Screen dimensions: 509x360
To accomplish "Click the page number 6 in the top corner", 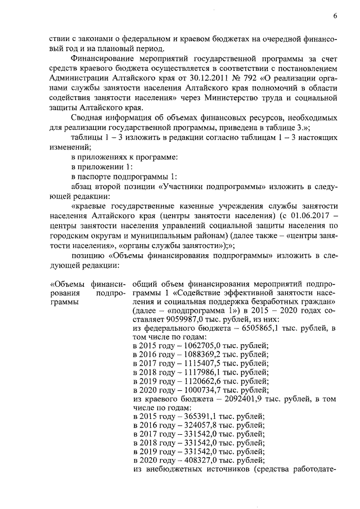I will click(x=335, y=16).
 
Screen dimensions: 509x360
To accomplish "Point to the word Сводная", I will click(x=88, y=118).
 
